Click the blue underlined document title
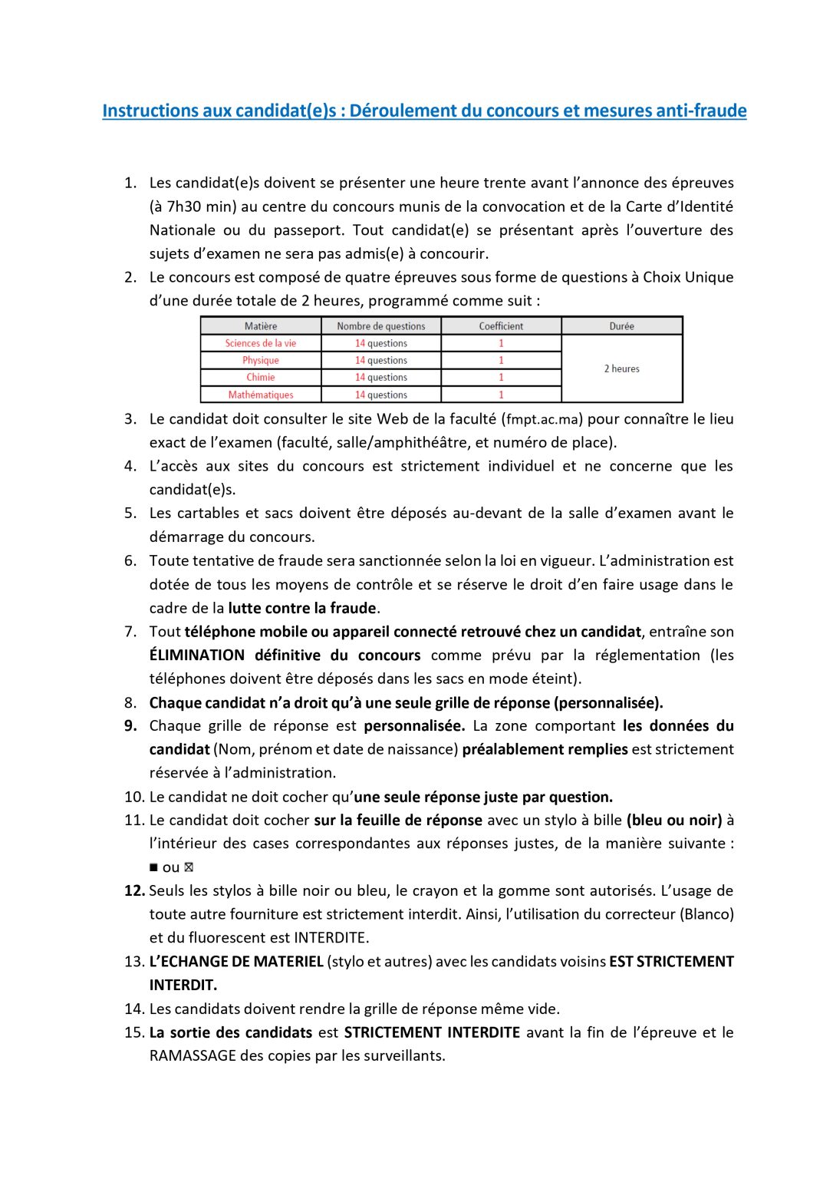tap(424, 111)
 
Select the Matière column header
tap(261, 326)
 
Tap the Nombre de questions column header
tap(381, 326)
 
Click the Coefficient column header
tap(501, 326)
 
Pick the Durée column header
tap(621, 326)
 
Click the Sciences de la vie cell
tap(261, 343)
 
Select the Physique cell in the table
tap(261, 360)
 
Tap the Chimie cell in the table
tap(261, 377)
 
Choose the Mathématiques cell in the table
tap(261, 395)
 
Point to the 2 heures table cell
tap(621, 368)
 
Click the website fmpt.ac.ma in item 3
tap(542, 420)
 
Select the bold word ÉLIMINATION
tap(196, 656)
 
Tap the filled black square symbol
tap(153, 867)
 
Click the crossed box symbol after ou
tap(189, 867)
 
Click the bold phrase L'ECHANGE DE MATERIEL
tap(236, 962)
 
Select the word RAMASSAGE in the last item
tap(193, 1055)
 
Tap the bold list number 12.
tap(133, 891)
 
